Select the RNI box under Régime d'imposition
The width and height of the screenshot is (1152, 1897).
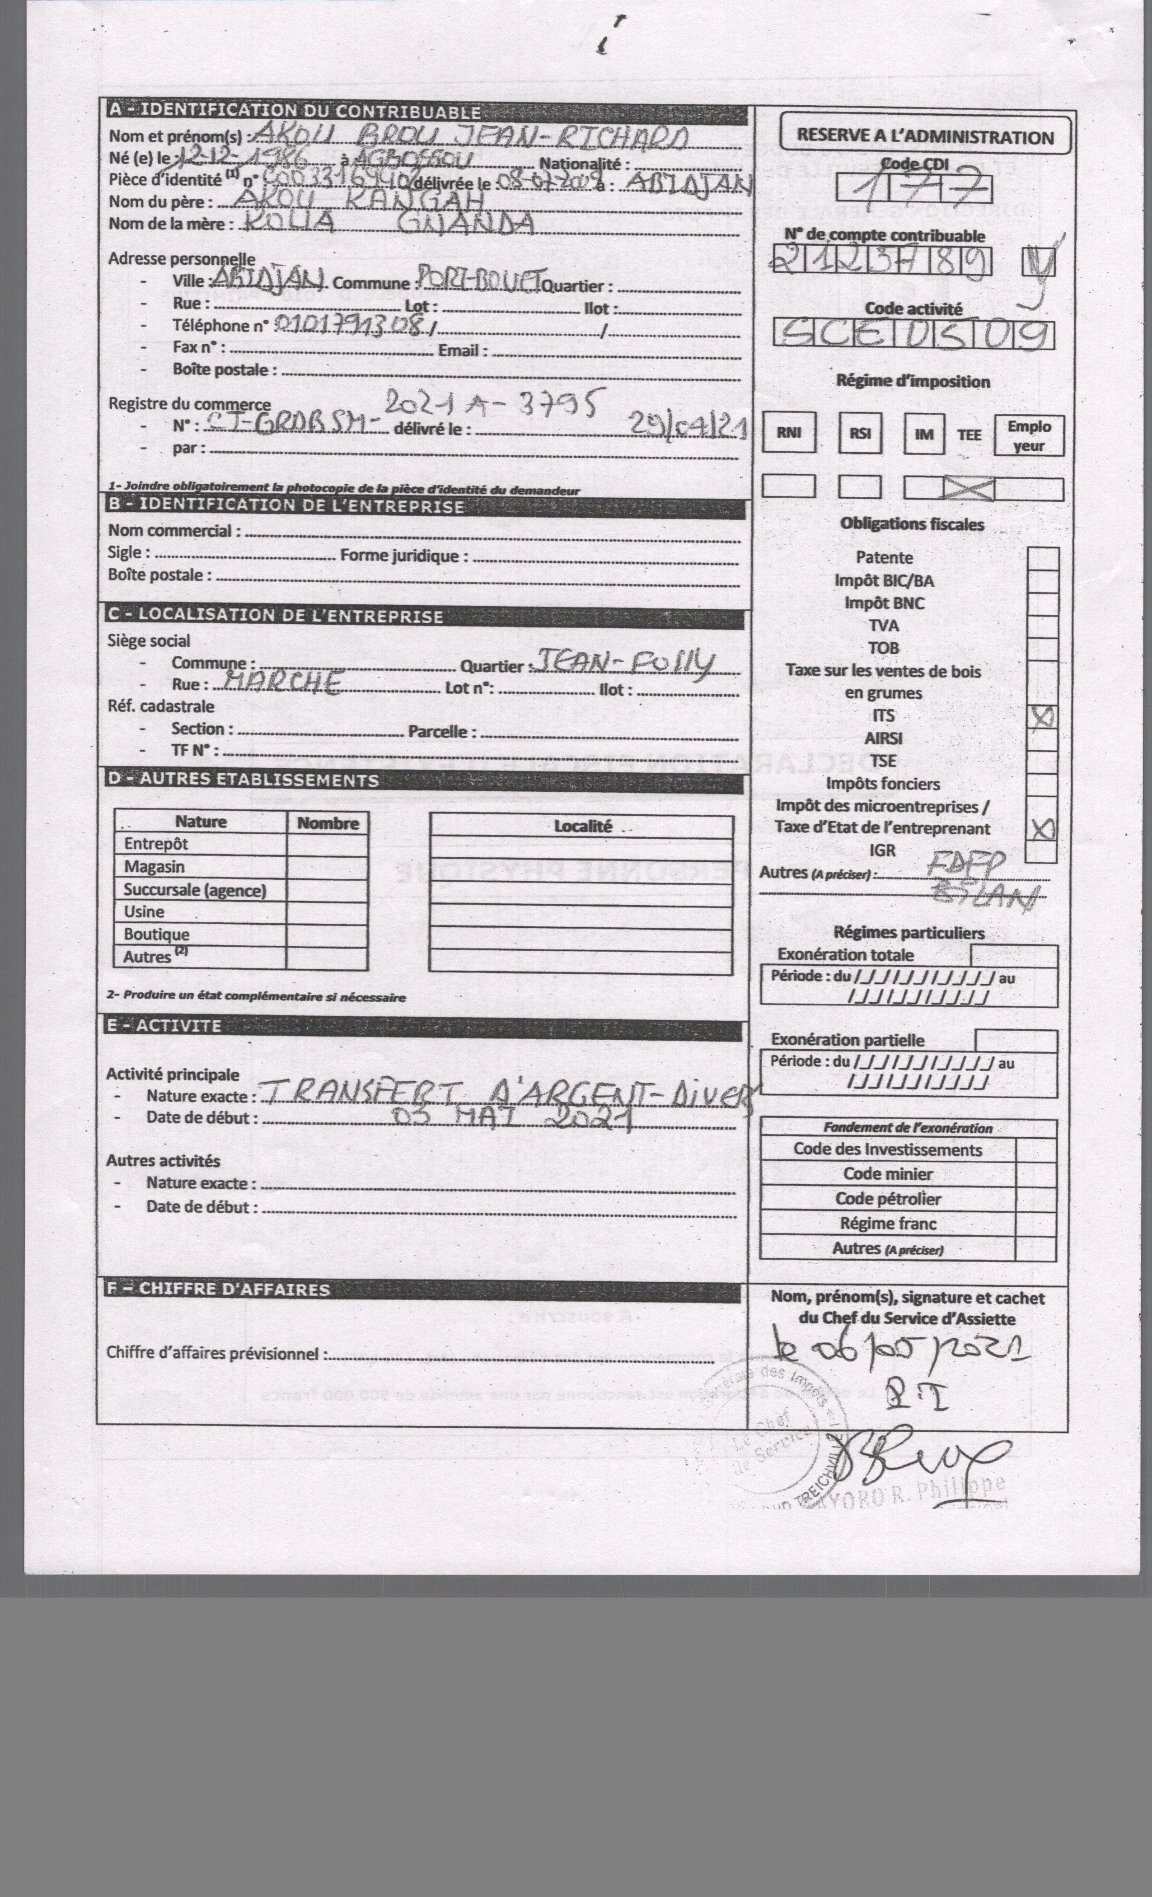click(x=788, y=434)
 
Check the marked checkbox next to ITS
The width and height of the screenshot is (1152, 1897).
click(x=1043, y=718)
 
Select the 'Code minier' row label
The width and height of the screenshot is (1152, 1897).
click(x=888, y=1173)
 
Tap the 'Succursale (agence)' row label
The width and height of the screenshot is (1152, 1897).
click(x=195, y=890)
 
